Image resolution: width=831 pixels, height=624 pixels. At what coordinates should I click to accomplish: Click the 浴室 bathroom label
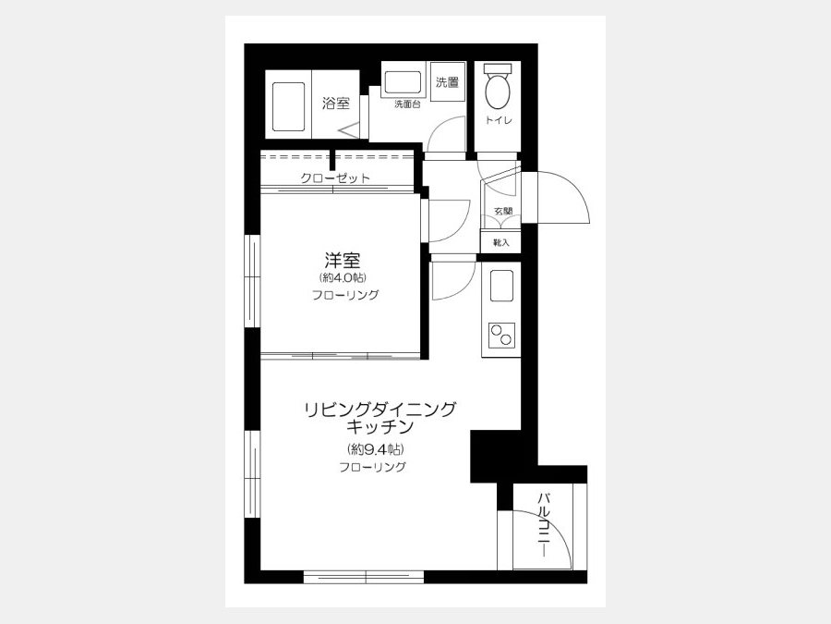click(336, 103)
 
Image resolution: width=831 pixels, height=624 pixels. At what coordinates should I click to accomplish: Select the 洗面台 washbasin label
click(407, 104)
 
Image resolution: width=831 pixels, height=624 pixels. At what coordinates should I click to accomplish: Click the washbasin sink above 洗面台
click(403, 83)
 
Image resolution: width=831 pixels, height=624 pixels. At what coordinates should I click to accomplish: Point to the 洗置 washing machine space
click(448, 81)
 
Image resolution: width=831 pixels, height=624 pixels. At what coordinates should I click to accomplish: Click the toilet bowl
click(498, 91)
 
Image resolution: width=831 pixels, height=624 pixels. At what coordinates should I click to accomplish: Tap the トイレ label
click(499, 120)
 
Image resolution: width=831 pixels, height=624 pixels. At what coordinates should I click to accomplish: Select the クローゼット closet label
click(335, 177)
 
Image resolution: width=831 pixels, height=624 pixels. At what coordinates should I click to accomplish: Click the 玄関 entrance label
click(503, 211)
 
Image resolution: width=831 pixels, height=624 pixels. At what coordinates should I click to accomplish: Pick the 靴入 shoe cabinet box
click(500, 242)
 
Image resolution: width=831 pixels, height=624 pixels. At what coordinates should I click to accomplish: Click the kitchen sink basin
click(501, 286)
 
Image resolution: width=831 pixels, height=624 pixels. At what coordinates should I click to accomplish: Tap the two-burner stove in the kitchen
click(501, 335)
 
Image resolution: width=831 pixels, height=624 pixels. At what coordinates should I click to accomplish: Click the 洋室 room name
click(343, 261)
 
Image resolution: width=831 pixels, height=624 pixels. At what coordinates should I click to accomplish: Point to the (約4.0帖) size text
click(343, 277)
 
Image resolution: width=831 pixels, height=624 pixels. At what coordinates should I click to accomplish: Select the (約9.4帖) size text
click(377, 449)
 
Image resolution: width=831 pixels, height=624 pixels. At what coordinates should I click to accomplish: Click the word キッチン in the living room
click(380, 426)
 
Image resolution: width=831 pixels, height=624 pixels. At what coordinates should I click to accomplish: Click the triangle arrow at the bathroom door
click(347, 130)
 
